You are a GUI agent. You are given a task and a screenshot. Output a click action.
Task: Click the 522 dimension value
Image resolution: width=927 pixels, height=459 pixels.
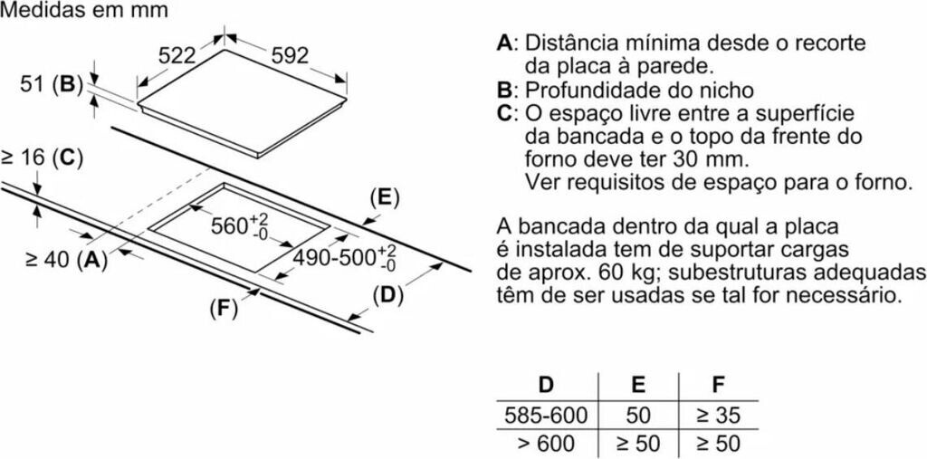click(177, 55)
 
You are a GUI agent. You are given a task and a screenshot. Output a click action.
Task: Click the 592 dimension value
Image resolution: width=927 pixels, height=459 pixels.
click(290, 55)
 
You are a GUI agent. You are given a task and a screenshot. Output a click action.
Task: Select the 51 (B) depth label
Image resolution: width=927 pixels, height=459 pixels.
click(51, 85)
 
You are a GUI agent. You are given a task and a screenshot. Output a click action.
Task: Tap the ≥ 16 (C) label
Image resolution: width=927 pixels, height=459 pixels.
click(42, 158)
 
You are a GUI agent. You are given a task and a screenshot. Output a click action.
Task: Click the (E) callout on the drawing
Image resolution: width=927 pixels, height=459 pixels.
click(385, 198)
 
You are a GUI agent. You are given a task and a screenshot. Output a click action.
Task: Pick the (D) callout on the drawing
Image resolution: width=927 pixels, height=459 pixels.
click(387, 294)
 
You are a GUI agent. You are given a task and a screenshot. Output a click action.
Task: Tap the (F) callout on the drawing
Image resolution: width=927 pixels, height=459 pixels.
click(222, 309)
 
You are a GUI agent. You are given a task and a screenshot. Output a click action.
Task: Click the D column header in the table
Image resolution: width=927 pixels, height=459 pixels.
click(546, 385)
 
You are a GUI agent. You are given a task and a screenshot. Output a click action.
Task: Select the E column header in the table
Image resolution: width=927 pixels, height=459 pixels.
click(638, 385)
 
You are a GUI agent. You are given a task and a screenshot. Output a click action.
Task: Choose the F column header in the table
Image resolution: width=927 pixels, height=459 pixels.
click(718, 385)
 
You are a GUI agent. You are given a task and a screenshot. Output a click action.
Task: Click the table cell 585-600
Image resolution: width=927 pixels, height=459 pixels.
click(546, 416)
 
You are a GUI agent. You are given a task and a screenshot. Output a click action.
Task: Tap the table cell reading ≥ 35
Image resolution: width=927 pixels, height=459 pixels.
click(718, 416)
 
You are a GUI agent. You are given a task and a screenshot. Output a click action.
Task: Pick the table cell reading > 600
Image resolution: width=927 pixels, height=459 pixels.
click(546, 444)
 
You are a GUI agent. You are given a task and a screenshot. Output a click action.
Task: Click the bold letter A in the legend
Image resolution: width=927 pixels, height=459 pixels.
click(504, 43)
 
